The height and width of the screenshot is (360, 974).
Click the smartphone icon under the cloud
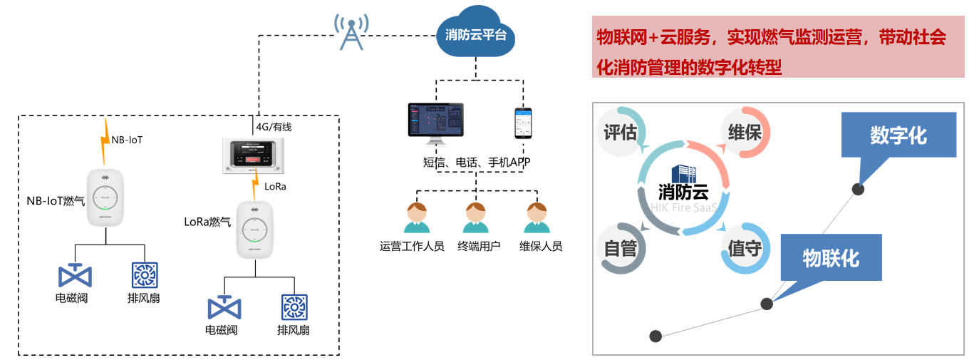click(x=524, y=123)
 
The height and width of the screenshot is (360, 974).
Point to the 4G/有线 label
click(x=274, y=127)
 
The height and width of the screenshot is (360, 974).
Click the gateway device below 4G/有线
click(x=254, y=155)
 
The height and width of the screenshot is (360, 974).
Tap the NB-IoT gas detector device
click(x=105, y=197)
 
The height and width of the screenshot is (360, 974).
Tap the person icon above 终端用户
click(x=475, y=218)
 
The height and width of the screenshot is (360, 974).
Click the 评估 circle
click(x=620, y=133)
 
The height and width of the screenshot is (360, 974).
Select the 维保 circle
click(x=745, y=133)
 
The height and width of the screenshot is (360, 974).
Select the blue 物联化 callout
click(x=831, y=257)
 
